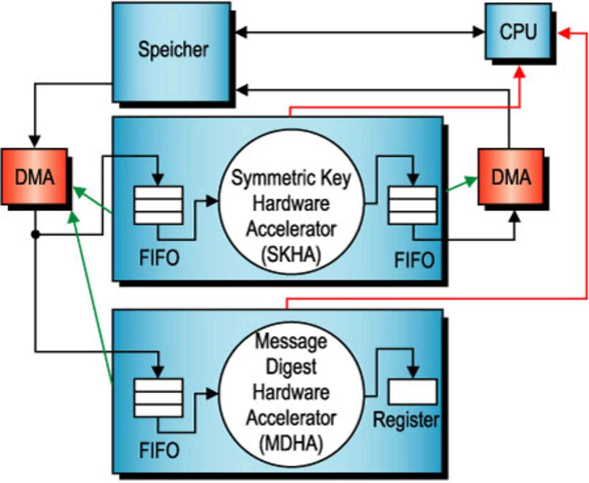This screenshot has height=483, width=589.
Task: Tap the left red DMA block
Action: point(35,177)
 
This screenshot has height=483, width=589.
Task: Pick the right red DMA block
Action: point(511,177)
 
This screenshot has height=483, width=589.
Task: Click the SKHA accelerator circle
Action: point(291,216)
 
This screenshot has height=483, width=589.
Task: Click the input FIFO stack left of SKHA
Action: point(158,205)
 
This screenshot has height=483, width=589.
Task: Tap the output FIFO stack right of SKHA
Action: point(413,205)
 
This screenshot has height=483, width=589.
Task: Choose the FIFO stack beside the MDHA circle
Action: point(158,398)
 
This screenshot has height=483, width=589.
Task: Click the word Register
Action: point(406,420)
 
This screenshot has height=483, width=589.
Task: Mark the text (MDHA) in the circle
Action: point(291,443)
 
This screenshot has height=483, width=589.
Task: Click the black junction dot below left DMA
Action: point(35,235)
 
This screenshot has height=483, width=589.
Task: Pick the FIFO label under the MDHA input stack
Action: point(159,450)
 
